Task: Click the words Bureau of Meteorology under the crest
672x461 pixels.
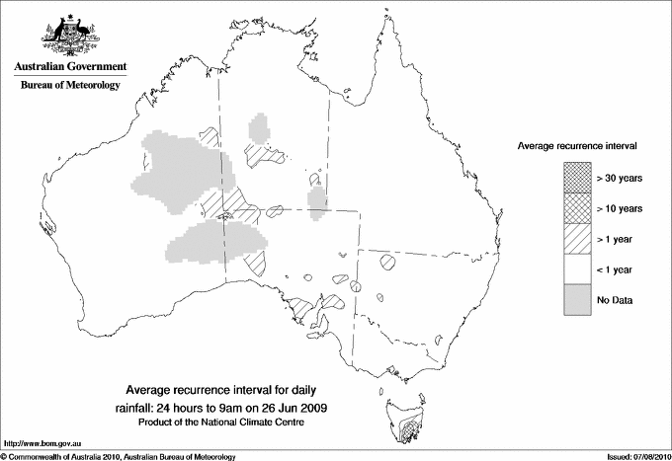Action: (69, 86)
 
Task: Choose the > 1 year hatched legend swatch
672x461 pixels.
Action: (578, 238)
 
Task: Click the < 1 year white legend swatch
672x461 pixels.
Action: (578, 269)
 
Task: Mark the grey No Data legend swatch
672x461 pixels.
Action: (578, 299)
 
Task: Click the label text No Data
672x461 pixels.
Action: (615, 299)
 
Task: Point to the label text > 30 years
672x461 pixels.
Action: (620, 178)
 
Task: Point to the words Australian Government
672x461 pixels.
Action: (69, 67)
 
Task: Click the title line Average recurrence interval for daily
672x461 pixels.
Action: (227, 389)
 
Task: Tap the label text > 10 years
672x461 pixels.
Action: (620, 208)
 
